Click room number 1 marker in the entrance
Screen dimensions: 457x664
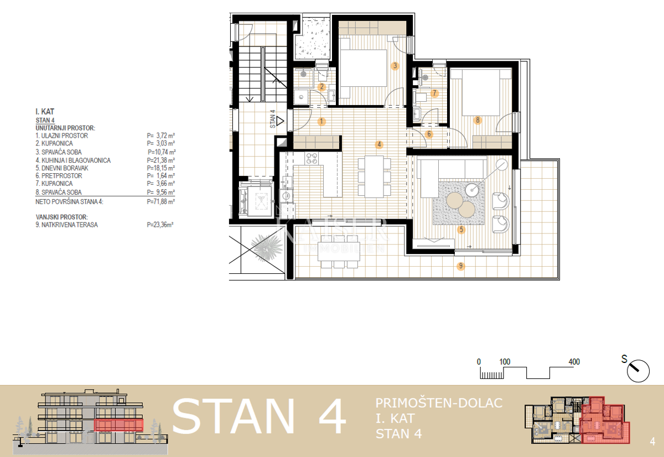[x=321, y=121]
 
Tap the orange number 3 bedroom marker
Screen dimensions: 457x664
[x=395, y=66]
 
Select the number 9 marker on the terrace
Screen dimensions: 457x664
[x=460, y=266]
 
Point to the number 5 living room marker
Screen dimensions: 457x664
[x=461, y=228]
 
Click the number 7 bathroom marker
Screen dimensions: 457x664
[x=435, y=93]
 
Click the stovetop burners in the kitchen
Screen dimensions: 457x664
[x=312, y=158]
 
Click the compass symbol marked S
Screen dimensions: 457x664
[x=638, y=370]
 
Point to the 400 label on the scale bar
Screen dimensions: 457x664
[x=574, y=362]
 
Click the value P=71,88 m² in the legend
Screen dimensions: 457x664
[x=161, y=202]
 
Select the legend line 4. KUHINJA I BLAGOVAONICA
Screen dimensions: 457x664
[x=72, y=160]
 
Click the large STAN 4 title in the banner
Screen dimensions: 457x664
[x=260, y=417]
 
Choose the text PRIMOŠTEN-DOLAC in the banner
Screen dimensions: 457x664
[x=439, y=403]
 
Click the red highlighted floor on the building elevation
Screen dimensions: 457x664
[x=118, y=425]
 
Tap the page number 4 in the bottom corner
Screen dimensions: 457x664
[x=652, y=442]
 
